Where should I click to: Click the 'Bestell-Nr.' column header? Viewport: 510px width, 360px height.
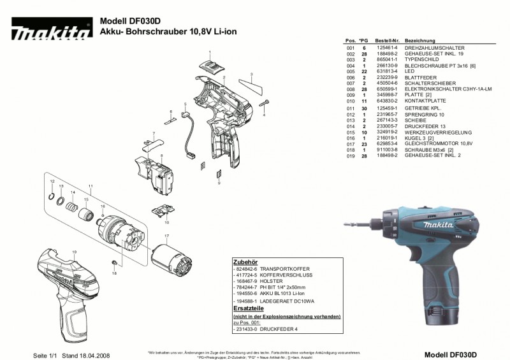[387, 40]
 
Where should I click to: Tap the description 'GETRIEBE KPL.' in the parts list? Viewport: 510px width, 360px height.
[423, 109]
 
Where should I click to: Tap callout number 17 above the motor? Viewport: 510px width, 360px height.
[167, 236]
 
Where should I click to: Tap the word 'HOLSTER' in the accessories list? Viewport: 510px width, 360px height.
[270, 281]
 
